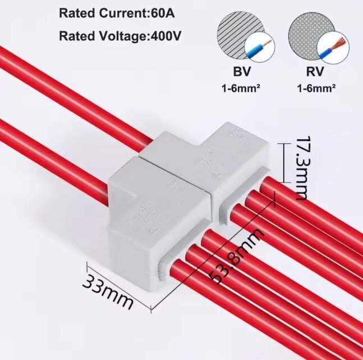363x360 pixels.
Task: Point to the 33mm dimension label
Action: tap(108, 290)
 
